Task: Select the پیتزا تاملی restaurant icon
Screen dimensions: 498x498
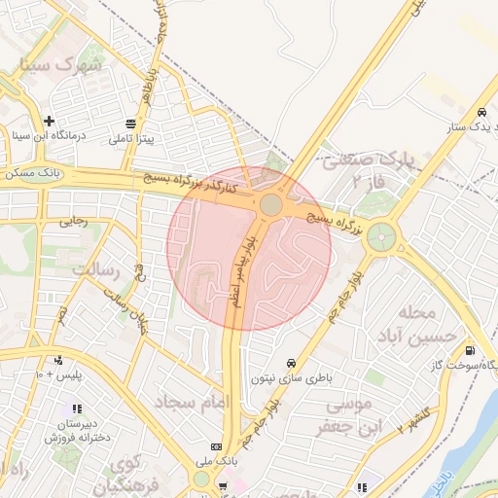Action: pyautogui.click(x=131, y=124)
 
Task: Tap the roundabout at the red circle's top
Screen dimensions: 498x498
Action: pyautogui.click(x=271, y=205)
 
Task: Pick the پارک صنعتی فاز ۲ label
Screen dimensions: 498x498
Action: pyautogui.click(x=368, y=167)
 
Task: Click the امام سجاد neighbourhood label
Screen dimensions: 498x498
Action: pyautogui.click(x=189, y=401)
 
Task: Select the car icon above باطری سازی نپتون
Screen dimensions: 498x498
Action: pyautogui.click(x=291, y=363)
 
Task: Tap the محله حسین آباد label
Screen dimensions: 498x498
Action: pyautogui.click(x=428, y=325)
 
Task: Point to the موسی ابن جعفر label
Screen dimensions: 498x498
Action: pyautogui.click(x=339, y=414)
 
